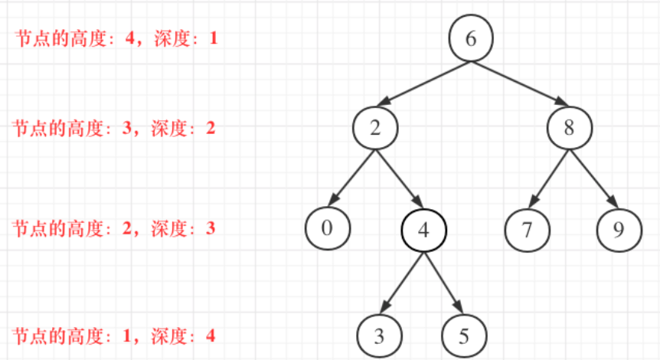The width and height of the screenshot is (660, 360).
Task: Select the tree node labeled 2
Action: [x=375, y=128]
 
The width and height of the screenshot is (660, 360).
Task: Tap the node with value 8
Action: [x=569, y=128]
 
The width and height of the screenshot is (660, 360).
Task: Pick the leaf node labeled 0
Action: [x=327, y=228]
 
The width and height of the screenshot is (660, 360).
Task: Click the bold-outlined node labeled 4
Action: [x=424, y=229]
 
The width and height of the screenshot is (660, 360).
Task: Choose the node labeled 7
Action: [x=526, y=229]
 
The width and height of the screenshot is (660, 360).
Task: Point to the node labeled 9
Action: [x=618, y=229]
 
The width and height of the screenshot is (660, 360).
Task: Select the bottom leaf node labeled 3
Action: [x=380, y=335]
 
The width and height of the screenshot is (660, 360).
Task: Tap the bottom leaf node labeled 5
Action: [x=464, y=335]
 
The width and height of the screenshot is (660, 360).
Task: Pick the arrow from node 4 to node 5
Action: [x=443, y=281]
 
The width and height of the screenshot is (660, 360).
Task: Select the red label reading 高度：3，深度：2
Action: [x=115, y=128]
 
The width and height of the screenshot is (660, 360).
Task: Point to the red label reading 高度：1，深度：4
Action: [x=115, y=335]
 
